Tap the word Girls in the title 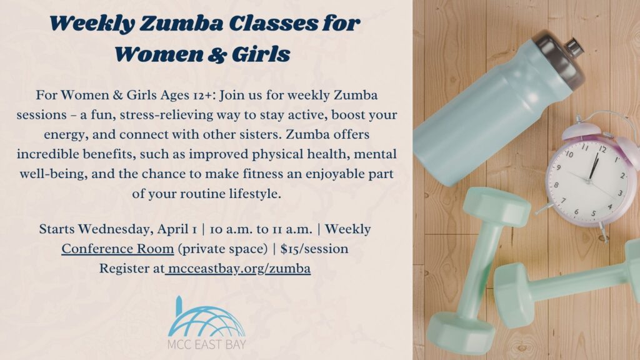(x=259, y=54)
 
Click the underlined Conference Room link (x=117, y=249)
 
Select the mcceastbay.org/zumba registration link (x=238, y=269)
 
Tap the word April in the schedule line (x=163, y=229)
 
